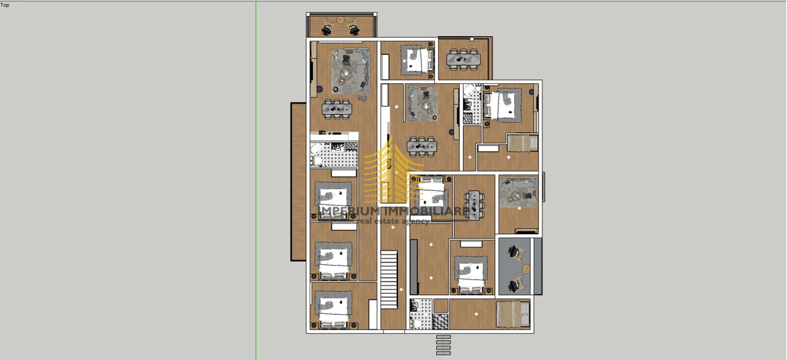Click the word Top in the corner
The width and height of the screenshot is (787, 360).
pyautogui.click(x=5, y=5)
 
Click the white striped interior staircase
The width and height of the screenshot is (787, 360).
pyautogui.click(x=389, y=279)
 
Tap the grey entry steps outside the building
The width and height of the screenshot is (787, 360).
pyautogui.click(x=443, y=345)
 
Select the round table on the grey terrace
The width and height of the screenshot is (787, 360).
pyautogui.click(x=526, y=269)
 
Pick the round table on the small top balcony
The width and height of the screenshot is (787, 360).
pyautogui.click(x=340, y=20)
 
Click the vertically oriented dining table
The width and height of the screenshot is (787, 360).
pyautogui.click(x=474, y=205)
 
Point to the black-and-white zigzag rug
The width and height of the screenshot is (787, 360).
pyautogui.click(x=441, y=321)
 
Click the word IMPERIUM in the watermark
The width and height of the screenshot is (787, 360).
pyautogui.click(x=352, y=211)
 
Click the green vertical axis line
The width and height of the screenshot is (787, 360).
pyautogui.click(x=256, y=180)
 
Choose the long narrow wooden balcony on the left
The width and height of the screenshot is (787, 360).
pyautogui.click(x=298, y=182)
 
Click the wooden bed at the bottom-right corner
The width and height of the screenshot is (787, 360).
pyautogui.click(x=513, y=314)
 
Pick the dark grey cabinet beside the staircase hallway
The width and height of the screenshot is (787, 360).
pyautogui.click(x=414, y=267)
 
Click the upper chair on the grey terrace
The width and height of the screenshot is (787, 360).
pyautogui.click(x=515, y=253)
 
